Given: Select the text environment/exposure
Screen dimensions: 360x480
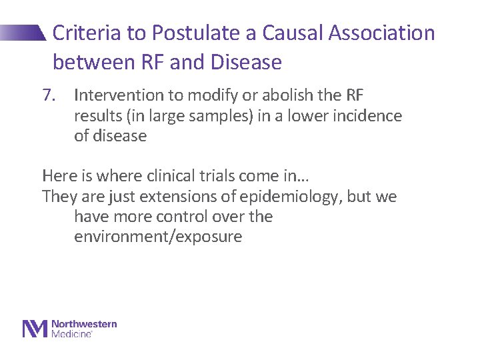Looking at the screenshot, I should pyautogui.click(x=157, y=237).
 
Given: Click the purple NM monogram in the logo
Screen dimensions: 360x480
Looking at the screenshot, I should pyautogui.click(x=35, y=329).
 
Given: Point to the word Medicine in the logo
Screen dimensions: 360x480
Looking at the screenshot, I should pyautogui.click(x=71, y=333).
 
